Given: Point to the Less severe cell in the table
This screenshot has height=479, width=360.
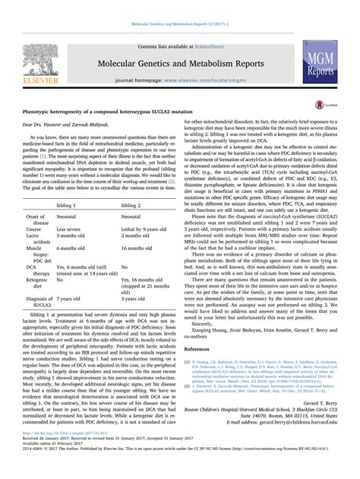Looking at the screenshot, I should pyautogui.click(x=68, y=207).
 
